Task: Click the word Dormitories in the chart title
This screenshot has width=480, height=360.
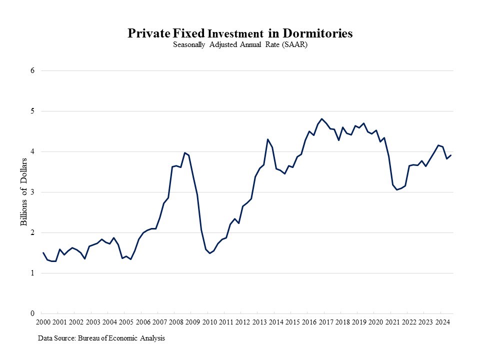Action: (x=318, y=33)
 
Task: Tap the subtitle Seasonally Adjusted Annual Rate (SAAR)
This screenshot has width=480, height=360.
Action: (x=239, y=44)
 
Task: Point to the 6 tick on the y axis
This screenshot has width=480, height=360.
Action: (x=32, y=70)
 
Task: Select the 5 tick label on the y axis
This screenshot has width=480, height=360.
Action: (x=32, y=111)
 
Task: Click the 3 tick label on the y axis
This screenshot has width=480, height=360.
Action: (x=32, y=192)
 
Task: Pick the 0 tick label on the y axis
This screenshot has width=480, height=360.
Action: (x=32, y=313)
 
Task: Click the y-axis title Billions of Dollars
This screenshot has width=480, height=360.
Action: (x=23, y=192)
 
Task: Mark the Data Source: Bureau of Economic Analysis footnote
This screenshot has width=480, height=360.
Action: (x=101, y=338)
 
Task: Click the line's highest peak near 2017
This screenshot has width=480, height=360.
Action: (x=321, y=118)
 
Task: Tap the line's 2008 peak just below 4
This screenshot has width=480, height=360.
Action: (x=184, y=152)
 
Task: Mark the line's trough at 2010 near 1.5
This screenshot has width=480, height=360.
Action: (x=210, y=253)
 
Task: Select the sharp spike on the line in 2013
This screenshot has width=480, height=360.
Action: (x=267, y=139)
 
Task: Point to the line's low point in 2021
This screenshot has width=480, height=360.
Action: (x=396, y=190)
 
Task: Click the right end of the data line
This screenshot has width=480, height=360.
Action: (x=451, y=155)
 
